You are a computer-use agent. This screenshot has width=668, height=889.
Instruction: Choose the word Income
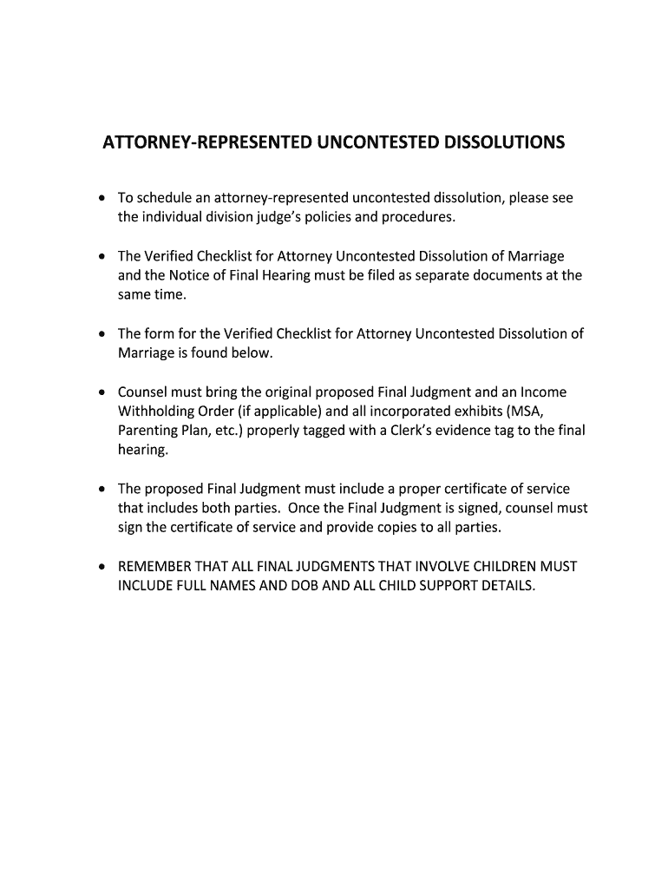point(542,392)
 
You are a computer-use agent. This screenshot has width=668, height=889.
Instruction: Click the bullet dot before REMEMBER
point(102,567)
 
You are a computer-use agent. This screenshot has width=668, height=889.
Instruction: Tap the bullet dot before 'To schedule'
point(102,199)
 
